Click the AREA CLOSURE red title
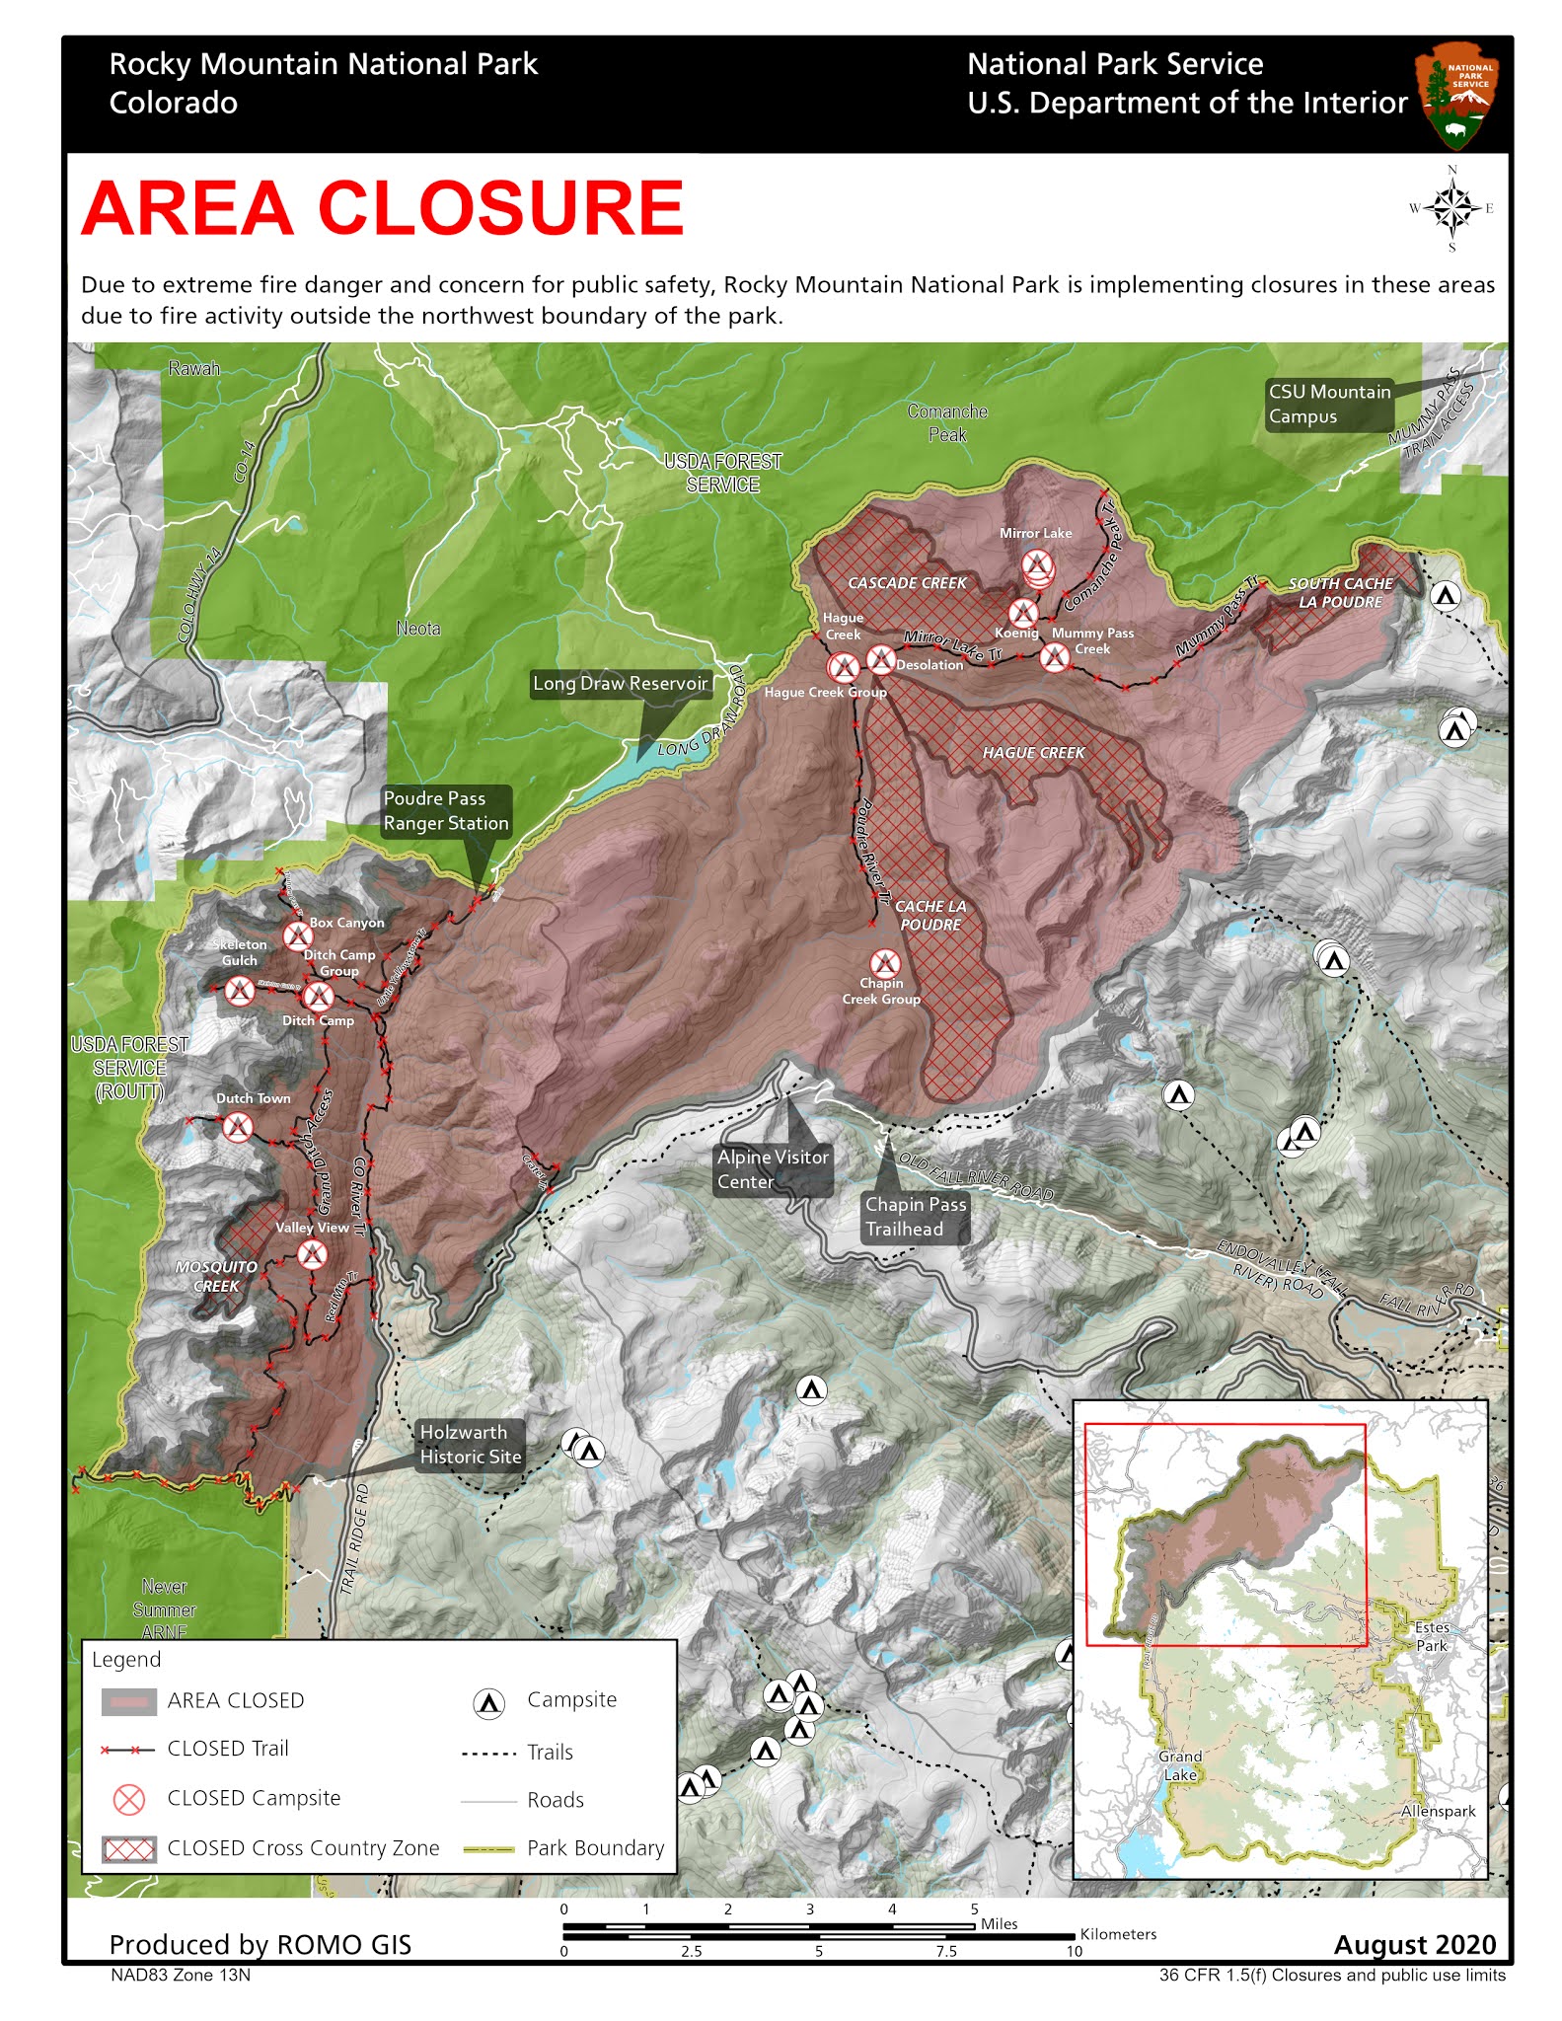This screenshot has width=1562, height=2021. point(382,208)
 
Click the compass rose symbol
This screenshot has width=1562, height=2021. point(1450,208)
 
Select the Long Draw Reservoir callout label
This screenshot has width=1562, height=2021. point(620,683)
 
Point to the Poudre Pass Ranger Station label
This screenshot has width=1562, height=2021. point(446,811)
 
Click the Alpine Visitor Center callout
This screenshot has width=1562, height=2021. point(772,1169)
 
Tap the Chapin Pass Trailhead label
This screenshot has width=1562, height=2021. point(915,1217)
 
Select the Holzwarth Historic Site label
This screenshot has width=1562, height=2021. point(470,1445)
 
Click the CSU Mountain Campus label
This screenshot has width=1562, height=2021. point(1329,404)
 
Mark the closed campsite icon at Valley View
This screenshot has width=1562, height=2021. point(313,1255)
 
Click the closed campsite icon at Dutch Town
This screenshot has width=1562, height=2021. point(237,1127)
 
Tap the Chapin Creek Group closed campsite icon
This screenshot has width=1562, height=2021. point(884,963)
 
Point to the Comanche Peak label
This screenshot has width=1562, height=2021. point(947,422)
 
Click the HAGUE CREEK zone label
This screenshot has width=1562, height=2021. point(1033,753)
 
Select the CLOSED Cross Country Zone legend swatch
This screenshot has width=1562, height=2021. point(129,1848)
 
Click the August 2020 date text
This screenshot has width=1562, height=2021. point(1414,1944)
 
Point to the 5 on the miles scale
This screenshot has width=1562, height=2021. point(974,1909)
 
